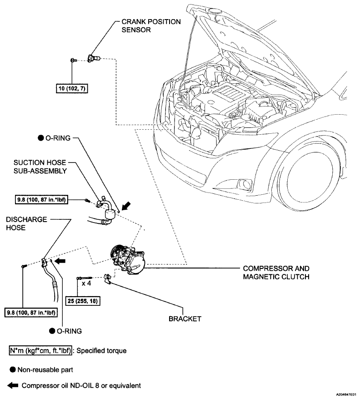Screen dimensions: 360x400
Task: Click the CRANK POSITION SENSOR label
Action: [x=151, y=26]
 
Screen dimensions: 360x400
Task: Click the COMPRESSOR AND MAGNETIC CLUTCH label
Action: [x=276, y=273]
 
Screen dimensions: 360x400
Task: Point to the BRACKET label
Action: [x=185, y=319]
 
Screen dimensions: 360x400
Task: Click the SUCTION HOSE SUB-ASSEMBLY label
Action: [x=40, y=167]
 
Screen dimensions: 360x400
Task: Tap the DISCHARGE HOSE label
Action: [x=26, y=223]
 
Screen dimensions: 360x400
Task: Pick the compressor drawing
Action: [x=128, y=259]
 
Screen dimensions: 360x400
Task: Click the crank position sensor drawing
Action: [x=94, y=58]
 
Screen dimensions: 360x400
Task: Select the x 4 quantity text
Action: [x=86, y=283]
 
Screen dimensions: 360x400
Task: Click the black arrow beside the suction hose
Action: [x=126, y=206]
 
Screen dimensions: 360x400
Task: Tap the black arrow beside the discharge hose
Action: [x=60, y=261]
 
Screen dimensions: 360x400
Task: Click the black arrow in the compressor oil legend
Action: [x=13, y=385]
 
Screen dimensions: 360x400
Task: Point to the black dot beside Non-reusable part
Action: [x=12, y=370]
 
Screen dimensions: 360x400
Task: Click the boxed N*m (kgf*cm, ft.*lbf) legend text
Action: [x=40, y=351]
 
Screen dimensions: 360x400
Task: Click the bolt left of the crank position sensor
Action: [x=74, y=60]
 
